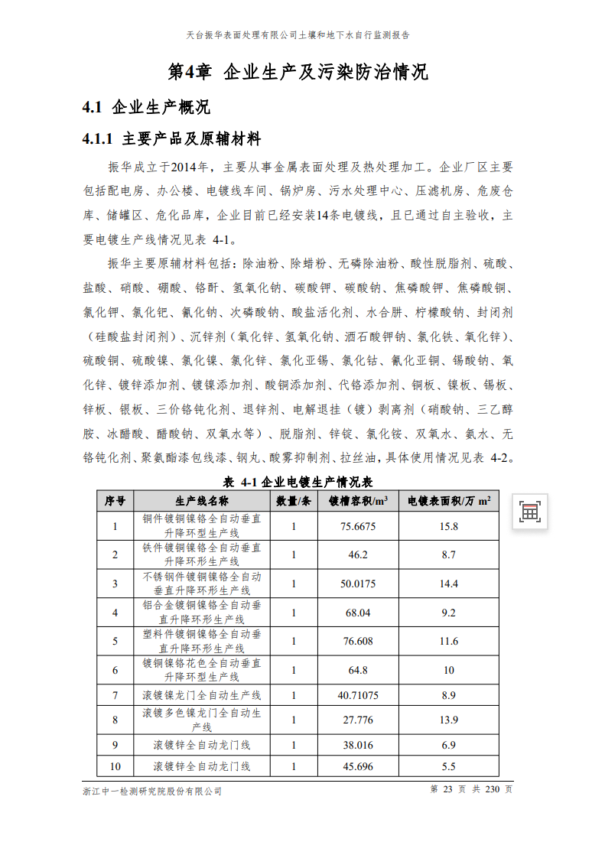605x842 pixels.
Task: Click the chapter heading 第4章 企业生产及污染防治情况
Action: pyautogui.click(x=298, y=73)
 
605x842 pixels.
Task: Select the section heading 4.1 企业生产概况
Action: pyautogui.click(x=145, y=107)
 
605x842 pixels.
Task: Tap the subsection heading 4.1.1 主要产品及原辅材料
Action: pyautogui.click(x=171, y=139)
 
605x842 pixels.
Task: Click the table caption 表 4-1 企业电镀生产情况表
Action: pyautogui.click(x=298, y=483)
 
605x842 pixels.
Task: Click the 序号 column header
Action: pyautogui.click(x=115, y=501)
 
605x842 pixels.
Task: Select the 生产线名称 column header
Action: pyautogui.click(x=202, y=501)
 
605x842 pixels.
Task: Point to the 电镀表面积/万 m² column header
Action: pyautogui.click(x=449, y=501)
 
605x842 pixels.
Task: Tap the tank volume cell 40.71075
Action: pyautogui.click(x=358, y=695)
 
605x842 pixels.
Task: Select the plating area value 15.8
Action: pyautogui.click(x=449, y=526)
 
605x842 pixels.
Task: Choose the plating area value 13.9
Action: pyautogui.click(x=449, y=720)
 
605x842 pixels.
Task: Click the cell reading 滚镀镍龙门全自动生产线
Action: pyautogui.click(x=202, y=695)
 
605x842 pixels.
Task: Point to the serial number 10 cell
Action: pyautogui.click(x=115, y=766)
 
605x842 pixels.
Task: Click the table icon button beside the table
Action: pyautogui.click(x=529, y=512)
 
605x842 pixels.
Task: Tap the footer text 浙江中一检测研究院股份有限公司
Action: pyautogui.click(x=152, y=791)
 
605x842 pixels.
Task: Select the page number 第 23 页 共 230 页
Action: pyautogui.click(x=471, y=789)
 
